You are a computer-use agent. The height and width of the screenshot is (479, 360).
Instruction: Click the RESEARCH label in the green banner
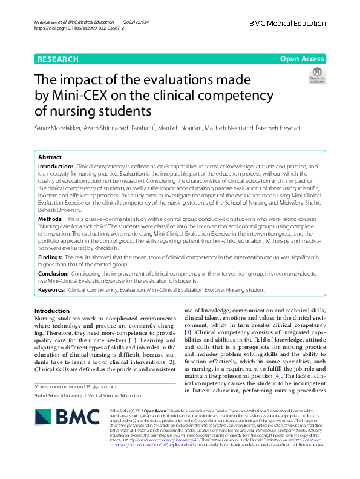point(57,59)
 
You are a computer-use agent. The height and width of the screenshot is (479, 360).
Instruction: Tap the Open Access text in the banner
point(302,59)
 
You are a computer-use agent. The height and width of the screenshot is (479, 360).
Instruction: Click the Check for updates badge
point(316,76)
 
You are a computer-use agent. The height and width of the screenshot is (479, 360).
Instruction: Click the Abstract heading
point(50,156)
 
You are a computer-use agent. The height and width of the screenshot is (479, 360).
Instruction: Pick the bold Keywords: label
point(52,291)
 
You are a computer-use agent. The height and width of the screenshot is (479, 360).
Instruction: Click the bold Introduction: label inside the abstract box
point(56,165)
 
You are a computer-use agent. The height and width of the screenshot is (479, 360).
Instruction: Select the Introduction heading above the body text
point(52,311)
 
